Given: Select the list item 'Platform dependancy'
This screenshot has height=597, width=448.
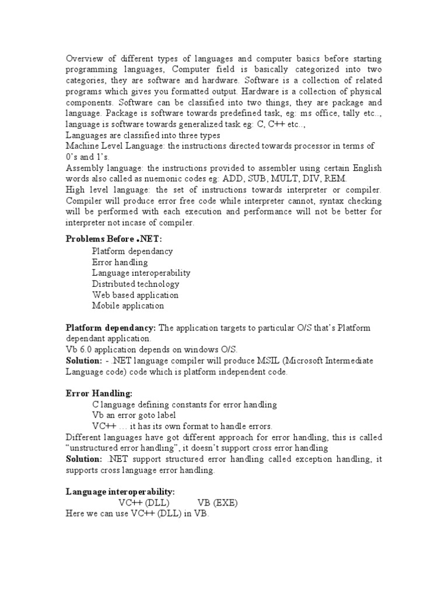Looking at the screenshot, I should (x=132, y=251).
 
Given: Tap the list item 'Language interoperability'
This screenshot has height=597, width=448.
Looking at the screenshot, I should (x=141, y=273).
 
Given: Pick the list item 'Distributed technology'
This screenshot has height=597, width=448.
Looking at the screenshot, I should (x=135, y=284).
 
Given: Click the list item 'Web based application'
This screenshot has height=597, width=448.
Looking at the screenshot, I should (x=135, y=295).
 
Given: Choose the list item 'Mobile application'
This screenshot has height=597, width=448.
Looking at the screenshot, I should (x=128, y=305).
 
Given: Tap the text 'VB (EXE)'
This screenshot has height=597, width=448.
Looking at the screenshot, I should (x=218, y=503).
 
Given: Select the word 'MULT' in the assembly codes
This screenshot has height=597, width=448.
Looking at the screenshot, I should (x=278, y=178).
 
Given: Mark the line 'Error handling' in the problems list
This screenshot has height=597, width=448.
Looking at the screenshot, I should (x=120, y=262).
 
